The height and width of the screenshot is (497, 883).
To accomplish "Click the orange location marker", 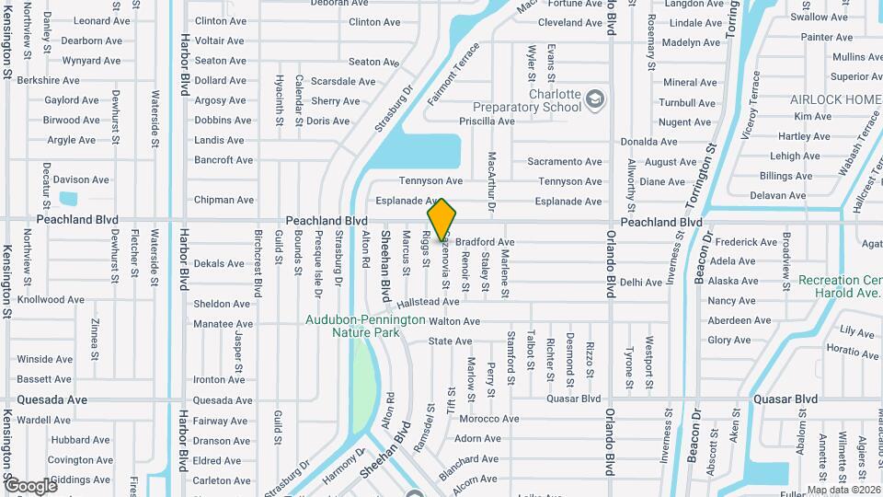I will (442, 220).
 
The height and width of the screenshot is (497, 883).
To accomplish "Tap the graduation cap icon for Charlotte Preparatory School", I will (596, 98).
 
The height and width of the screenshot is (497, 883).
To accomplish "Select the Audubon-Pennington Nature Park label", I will (366, 325).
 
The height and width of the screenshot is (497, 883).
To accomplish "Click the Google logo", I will (31, 485).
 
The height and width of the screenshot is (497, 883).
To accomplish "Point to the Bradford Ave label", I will (485, 242).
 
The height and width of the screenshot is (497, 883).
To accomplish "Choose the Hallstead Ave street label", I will (428, 302).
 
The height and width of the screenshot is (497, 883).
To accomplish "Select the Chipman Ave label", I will (224, 200).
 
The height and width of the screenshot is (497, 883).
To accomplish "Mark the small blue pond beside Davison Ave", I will (68, 198).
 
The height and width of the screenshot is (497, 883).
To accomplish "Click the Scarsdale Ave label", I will (343, 81).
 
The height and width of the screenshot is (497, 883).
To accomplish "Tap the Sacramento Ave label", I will (564, 162).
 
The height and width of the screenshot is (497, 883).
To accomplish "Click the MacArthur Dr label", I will (492, 184).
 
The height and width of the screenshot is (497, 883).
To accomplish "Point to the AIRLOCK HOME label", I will (843, 99).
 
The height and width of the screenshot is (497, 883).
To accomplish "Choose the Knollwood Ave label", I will (52, 300).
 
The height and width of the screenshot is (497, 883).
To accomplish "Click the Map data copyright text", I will (843, 490).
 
